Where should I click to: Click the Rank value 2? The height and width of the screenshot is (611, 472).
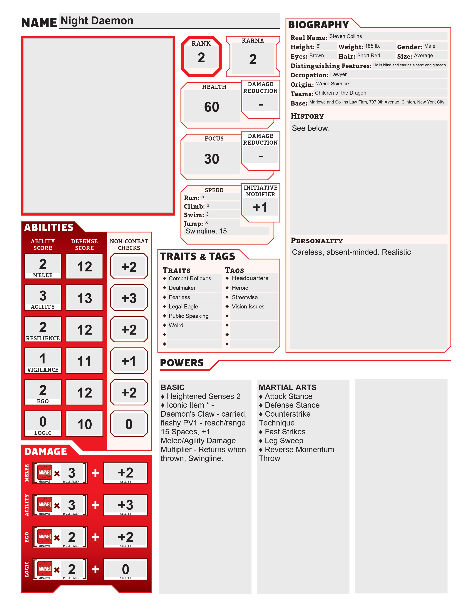tap(201, 58)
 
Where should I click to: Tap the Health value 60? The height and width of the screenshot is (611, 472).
tap(211, 107)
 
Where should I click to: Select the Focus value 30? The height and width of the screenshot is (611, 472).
tap(211, 159)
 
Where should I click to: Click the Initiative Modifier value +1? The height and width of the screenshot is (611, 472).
tap(260, 207)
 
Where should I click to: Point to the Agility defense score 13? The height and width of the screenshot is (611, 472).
tap(84, 298)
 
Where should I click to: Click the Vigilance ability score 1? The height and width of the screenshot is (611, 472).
tap(43, 359)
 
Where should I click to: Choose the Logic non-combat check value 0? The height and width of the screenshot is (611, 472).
tap(129, 424)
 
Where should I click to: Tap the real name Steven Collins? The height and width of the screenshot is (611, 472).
tap(345, 36)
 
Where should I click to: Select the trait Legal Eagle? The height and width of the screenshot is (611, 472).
tap(183, 307)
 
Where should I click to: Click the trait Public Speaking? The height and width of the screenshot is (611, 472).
tap(188, 316)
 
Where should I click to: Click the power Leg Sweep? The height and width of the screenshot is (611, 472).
tap(284, 441)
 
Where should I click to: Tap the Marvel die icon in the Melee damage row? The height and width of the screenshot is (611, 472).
tap(45, 472)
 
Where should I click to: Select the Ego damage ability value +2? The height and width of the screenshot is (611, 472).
tap(125, 537)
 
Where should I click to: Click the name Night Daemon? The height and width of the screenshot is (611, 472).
tap(97, 21)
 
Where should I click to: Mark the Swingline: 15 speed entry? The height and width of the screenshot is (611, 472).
tap(206, 231)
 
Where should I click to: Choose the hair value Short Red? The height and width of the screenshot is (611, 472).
tap(368, 55)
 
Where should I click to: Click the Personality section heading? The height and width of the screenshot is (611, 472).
tap(317, 241)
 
